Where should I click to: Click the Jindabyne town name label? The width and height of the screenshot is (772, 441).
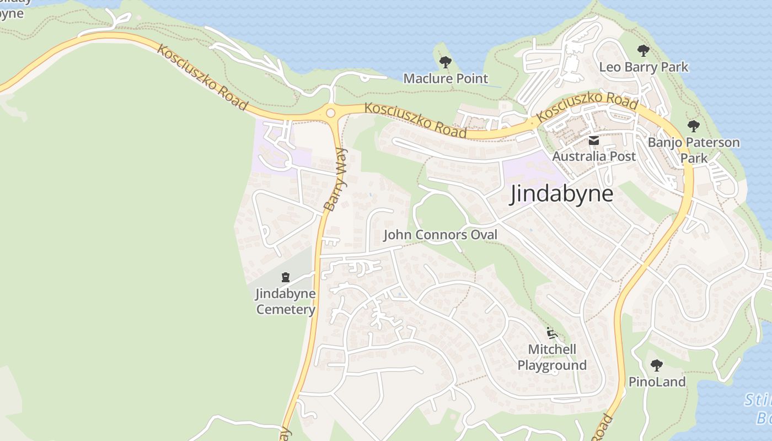click(x=561, y=194)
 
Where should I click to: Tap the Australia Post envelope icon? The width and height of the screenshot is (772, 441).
click(x=594, y=141)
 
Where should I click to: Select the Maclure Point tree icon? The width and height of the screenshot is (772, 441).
click(x=446, y=62)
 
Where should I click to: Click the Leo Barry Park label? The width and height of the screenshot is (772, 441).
click(x=644, y=67)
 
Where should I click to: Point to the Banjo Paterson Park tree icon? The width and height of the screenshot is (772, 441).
click(x=694, y=126)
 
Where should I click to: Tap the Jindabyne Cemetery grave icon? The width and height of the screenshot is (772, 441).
click(x=286, y=277)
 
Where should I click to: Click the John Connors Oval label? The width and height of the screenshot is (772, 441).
click(x=440, y=235)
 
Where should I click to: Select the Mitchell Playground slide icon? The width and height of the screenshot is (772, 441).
click(x=551, y=333)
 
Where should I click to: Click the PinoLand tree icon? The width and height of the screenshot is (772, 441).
click(x=656, y=365)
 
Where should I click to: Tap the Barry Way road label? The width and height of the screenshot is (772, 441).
click(x=336, y=180)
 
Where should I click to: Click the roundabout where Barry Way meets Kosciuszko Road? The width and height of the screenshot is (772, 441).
click(x=330, y=113)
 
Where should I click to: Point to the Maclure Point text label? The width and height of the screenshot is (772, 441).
click(x=446, y=79)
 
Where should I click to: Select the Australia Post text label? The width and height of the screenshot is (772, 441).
click(x=594, y=157)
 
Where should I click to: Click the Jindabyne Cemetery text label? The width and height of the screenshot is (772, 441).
click(x=286, y=301)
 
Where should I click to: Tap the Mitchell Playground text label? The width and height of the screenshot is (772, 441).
click(x=551, y=357)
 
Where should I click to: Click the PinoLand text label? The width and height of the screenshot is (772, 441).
click(x=657, y=382)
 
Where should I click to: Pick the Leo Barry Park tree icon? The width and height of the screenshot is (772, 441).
click(x=643, y=51)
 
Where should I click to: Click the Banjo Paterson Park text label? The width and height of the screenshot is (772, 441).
click(x=694, y=150)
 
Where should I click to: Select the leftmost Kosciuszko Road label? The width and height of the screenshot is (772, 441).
click(x=201, y=77)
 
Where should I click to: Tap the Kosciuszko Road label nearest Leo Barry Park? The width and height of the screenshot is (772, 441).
click(x=587, y=107)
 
